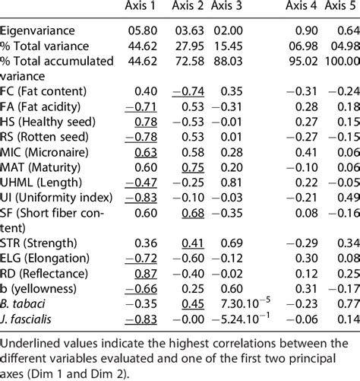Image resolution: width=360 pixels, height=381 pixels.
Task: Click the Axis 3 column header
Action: coord(228,8)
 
